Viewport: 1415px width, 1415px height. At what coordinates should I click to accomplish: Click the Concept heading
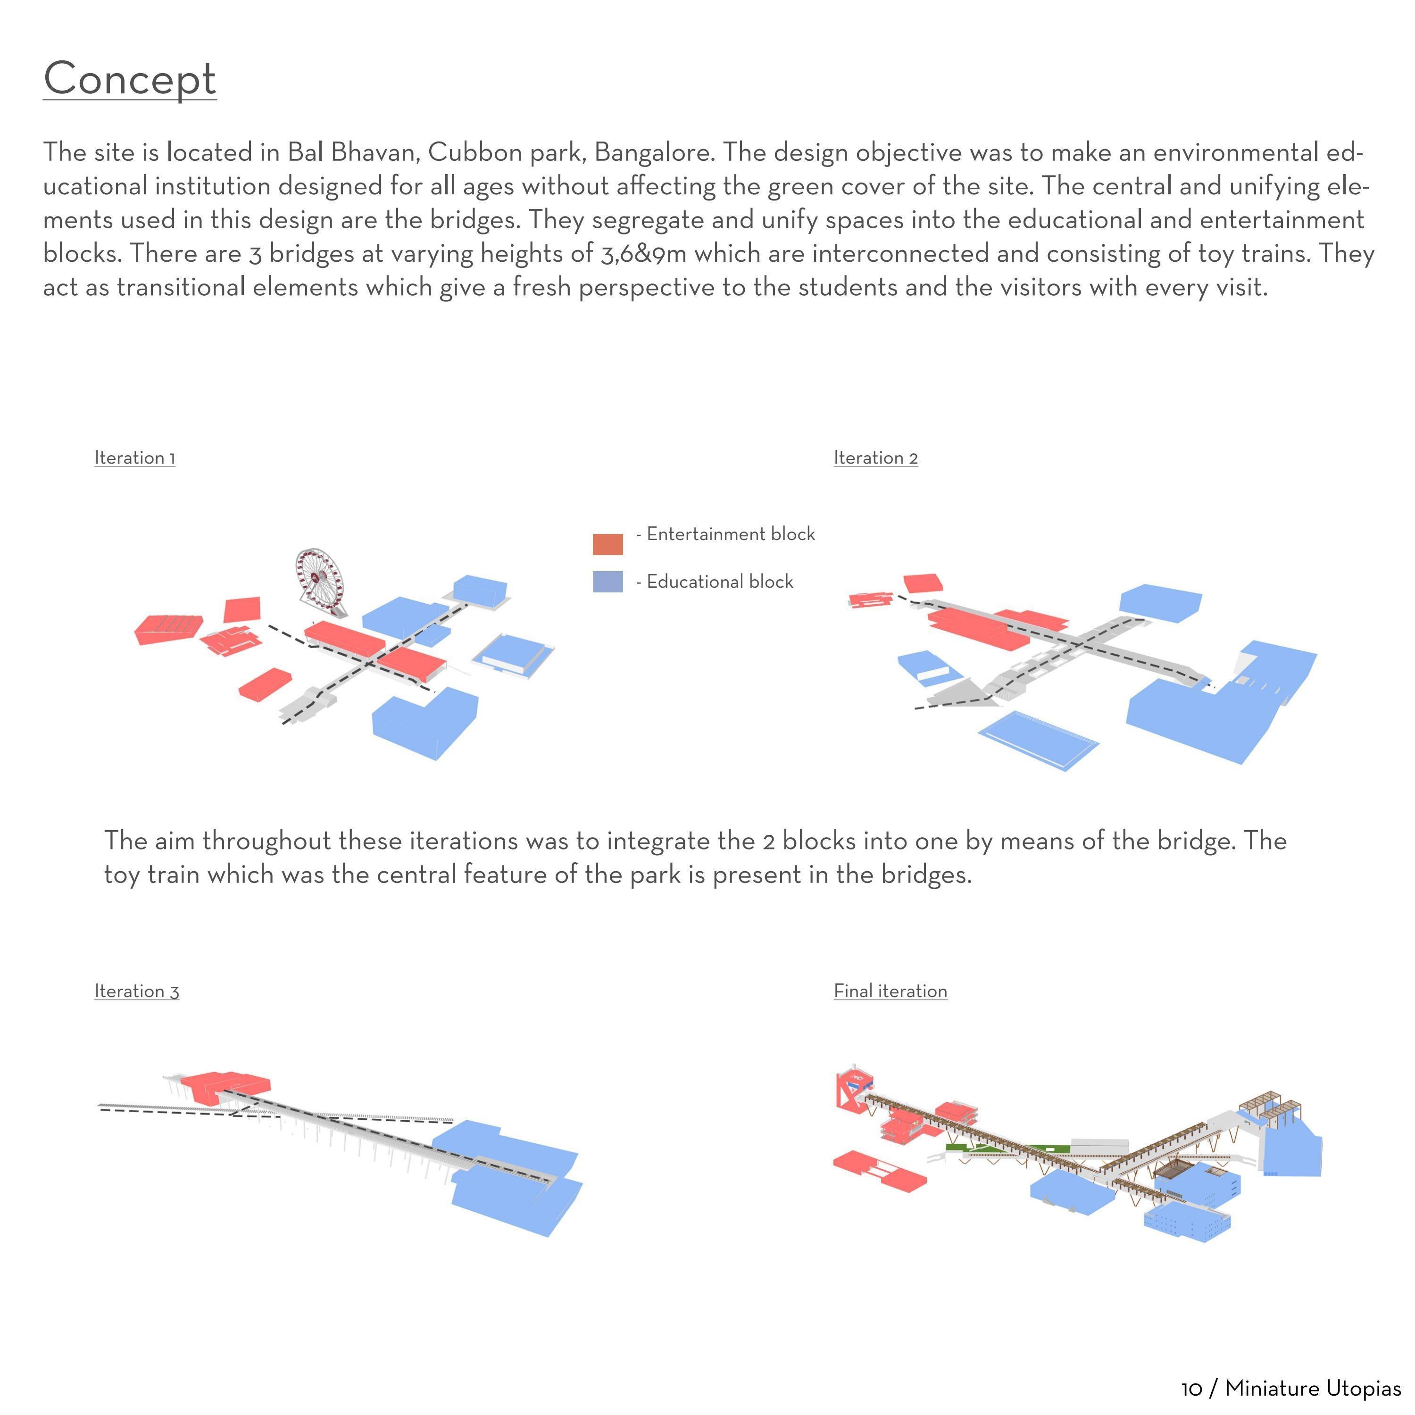[x=130, y=79]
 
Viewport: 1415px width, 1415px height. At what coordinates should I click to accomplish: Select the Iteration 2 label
[x=875, y=458]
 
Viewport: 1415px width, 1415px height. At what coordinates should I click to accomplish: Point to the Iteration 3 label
[x=136, y=991]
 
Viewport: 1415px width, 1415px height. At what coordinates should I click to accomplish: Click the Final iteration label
[x=890, y=991]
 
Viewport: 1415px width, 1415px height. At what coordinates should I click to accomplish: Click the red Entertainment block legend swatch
[x=607, y=544]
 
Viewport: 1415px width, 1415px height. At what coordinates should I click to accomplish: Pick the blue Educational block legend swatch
[x=607, y=582]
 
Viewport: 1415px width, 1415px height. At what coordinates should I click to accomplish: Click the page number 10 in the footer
[x=1191, y=1389]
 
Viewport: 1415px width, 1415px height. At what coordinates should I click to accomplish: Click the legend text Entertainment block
[x=730, y=534]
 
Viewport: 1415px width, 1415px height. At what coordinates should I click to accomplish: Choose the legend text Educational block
[x=719, y=582]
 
